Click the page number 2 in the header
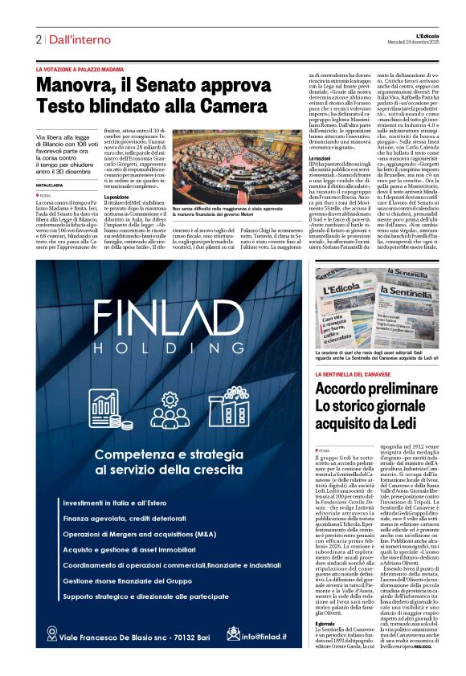(x=38, y=39)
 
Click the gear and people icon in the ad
(x=170, y=409)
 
